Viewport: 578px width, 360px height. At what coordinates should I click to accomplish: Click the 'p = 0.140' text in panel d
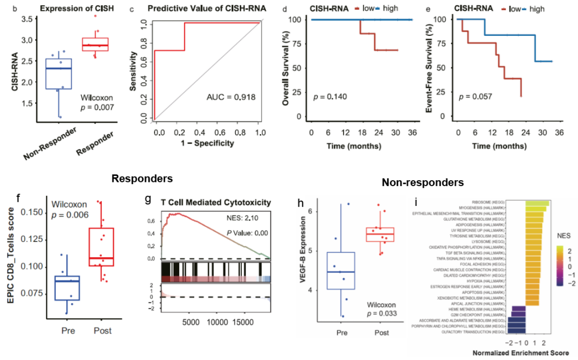coord(330,96)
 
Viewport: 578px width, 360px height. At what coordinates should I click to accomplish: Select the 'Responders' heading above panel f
coord(142,179)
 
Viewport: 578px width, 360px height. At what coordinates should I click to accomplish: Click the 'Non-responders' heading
coord(423,183)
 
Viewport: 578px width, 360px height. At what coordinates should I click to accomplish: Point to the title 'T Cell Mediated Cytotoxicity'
coord(216,202)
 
